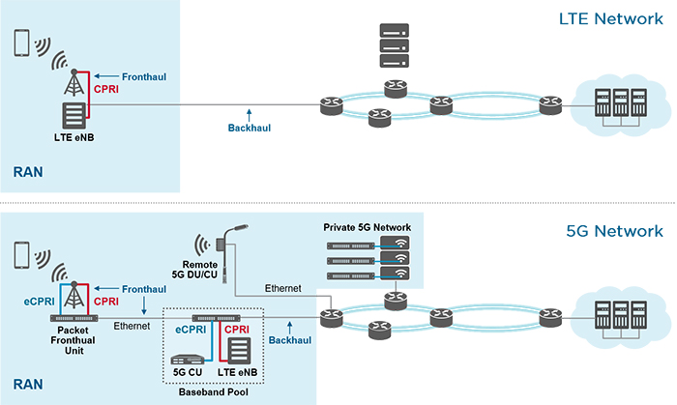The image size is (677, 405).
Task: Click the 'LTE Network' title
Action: click(610, 19)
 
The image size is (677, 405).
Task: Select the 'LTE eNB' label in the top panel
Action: click(74, 136)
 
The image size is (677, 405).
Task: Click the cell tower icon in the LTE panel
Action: click(74, 86)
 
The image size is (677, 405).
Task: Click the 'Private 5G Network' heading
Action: click(368, 227)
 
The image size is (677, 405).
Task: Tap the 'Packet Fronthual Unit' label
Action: click(74, 341)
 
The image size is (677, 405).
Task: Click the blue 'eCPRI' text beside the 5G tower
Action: click(39, 302)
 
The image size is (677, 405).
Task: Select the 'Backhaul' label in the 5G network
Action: click(287, 341)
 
